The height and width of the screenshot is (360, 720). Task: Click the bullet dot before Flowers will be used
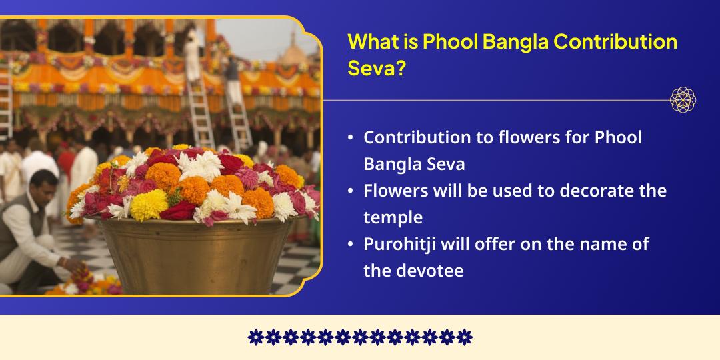[x=351, y=191]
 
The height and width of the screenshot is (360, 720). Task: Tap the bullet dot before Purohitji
[x=351, y=245]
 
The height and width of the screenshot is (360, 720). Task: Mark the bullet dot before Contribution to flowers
[x=351, y=138]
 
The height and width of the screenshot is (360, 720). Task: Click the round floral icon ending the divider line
[x=683, y=100]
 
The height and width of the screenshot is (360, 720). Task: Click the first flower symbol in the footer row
[x=255, y=337]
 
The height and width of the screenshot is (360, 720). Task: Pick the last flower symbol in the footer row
[x=465, y=337]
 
